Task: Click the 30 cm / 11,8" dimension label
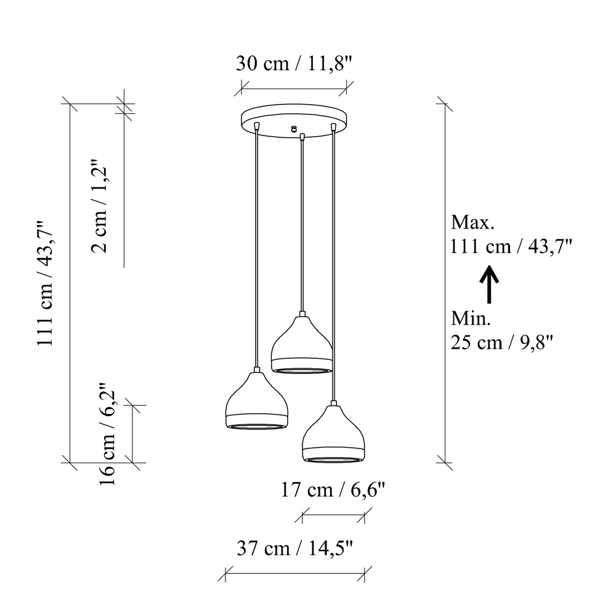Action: pyautogui.click(x=294, y=63)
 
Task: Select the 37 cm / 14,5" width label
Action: pyautogui.click(x=295, y=548)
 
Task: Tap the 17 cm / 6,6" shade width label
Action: pyautogui.click(x=333, y=490)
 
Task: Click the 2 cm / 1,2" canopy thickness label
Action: pyautogui.click(x=99, y=206)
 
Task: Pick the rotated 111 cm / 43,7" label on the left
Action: pyautogui.click(x=44, y=283)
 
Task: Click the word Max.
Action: pyautogui.click(x=472, y=222)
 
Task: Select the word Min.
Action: pyautogui.click(x=471, y=318)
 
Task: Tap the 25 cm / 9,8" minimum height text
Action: pyautogui.click(x=501, y=342)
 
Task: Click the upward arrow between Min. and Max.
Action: pyautogui.click(x=489, y=285)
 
